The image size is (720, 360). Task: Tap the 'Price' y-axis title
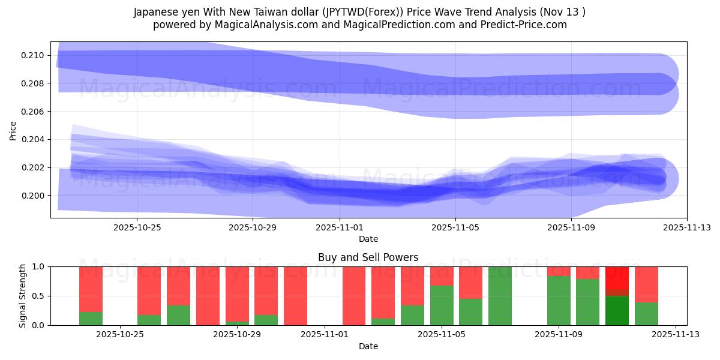pyautogui.click(x=13, y=130)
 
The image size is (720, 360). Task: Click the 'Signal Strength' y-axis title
pyautogui.click(x=23, y=296)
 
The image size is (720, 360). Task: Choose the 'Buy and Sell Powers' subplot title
pyautogui.click(x=368, y=257)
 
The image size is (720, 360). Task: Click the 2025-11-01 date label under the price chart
pyautogui.click(x=340, y=227)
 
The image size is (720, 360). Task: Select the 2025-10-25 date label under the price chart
pyautogui.click(x=137, y=227)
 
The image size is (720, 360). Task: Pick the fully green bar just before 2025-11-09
pyautogui.click(x=500, y=296)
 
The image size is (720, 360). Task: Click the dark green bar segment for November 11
pyautogui.click(x=617, y=311)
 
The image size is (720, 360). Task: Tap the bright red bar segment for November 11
pyautogui.click(x=617, y=277)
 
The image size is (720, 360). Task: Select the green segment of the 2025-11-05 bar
pyautogui.click(x=442, y=305)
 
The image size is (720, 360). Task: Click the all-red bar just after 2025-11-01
pyautogui.click(x=354, y=296)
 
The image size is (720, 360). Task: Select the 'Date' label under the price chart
pyautogui.click(x=368, y=239)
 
